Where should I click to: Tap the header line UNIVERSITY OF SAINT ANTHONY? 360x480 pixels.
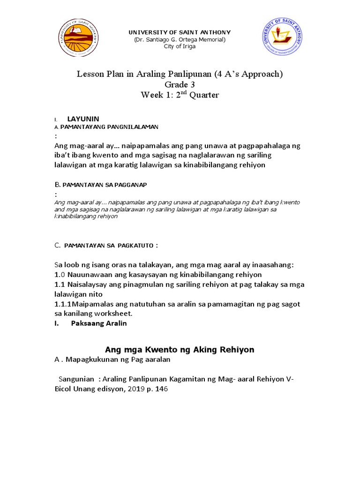180,32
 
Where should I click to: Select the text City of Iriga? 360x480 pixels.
180,46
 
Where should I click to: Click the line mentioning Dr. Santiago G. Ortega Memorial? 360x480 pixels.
180,39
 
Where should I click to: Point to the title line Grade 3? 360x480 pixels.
180,84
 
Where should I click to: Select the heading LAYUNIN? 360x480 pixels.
83,119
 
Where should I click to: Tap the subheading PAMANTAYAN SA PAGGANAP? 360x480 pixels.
107,185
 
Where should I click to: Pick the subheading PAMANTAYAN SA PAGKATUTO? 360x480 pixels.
111,245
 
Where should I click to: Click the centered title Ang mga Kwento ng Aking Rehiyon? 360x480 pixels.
180,350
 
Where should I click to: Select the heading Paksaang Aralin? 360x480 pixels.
99,323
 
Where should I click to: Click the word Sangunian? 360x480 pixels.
77,379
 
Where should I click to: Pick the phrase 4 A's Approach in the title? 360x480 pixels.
248,74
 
